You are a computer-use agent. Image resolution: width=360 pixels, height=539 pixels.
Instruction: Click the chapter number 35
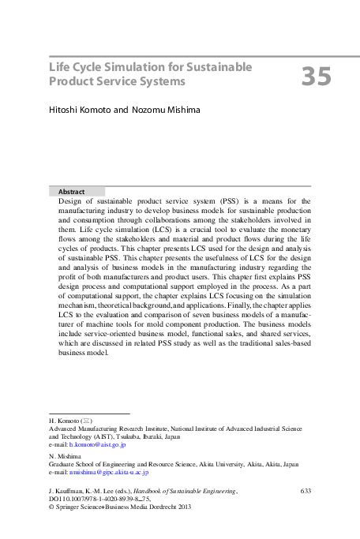316,76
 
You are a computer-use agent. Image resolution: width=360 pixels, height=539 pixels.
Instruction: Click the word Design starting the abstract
71,202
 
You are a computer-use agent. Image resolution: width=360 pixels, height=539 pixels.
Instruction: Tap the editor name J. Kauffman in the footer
68,491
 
